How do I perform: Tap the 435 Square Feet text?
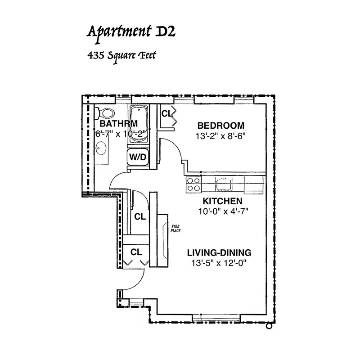click(121, 57)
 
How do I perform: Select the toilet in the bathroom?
click(105, 113)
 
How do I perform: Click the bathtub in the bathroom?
click(139, 125)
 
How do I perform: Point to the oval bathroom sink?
click(101, 148)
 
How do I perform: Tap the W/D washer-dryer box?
click(138, 157)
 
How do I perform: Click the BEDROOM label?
click(221, 126)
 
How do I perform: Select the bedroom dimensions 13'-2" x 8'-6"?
click(220, 136)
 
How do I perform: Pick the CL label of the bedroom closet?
click(166, 114)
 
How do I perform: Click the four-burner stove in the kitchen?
click(193, 184)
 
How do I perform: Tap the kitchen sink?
click(223, 184)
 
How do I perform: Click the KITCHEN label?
click(222, 201)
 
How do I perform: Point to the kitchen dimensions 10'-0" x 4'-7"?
click(223, 211)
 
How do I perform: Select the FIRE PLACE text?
click(175, 229)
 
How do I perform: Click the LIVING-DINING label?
click(219, 253)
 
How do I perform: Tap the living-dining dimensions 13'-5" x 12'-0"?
click(219, 263)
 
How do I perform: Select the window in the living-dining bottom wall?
click(216, 318)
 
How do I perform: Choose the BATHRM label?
click(119, 124)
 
